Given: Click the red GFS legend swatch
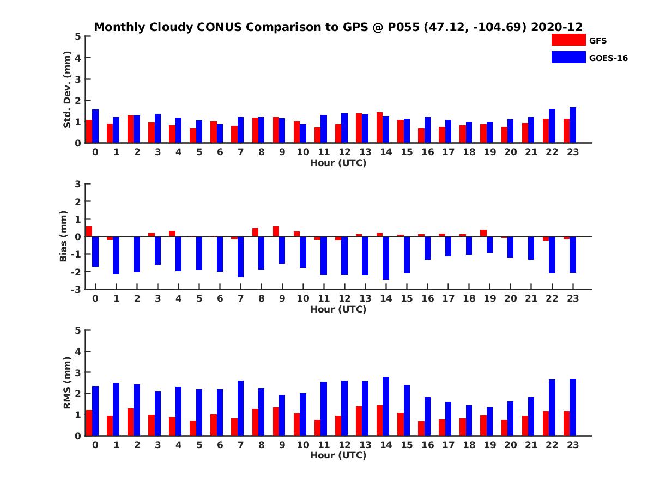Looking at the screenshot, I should coord(568,40).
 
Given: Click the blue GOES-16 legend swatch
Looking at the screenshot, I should coord(568,57).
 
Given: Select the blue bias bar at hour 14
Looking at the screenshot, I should coord(386,258).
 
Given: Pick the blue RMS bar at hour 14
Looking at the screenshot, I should coord(386,406).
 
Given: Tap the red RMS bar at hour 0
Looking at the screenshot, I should coord(89,423).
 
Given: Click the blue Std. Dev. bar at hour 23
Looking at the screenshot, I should coord(573,125).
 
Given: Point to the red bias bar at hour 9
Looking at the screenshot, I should coord(276,231).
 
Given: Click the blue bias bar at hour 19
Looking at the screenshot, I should coord(489,244).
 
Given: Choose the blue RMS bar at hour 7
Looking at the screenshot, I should coord(241,408).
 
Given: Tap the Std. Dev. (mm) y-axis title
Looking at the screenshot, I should coord(67,90).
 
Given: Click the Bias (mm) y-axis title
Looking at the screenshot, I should coord(64,237).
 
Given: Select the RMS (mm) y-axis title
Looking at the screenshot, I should coord(67,383).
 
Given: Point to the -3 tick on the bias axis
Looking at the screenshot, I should coord(78,289).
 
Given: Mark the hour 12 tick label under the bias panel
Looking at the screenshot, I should coord(344,298).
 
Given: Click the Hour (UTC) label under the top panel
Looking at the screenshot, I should coord(338,163).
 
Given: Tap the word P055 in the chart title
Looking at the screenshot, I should coord(403,27).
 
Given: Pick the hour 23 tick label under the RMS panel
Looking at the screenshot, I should coord(572,445).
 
